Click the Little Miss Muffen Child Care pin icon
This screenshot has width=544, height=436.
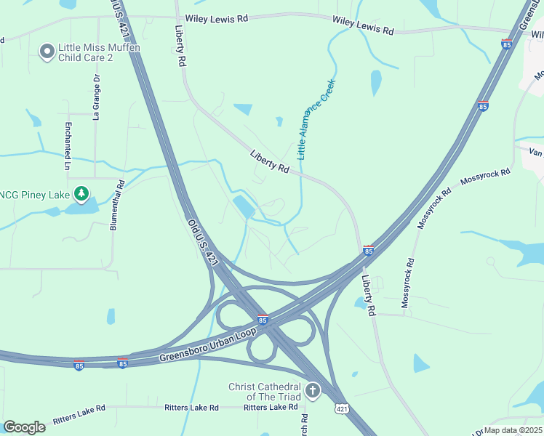[47, 51]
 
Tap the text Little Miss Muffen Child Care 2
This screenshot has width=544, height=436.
[98, 52]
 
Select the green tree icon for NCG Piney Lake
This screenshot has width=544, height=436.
[83, 193]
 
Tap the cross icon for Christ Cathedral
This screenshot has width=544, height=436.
[313, 391]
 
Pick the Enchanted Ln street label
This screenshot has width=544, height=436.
[68, 146]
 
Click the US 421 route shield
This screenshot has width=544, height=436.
[340, 411]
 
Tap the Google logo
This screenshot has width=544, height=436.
[24, 427]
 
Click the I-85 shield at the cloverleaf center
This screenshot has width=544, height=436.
[263, 320]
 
